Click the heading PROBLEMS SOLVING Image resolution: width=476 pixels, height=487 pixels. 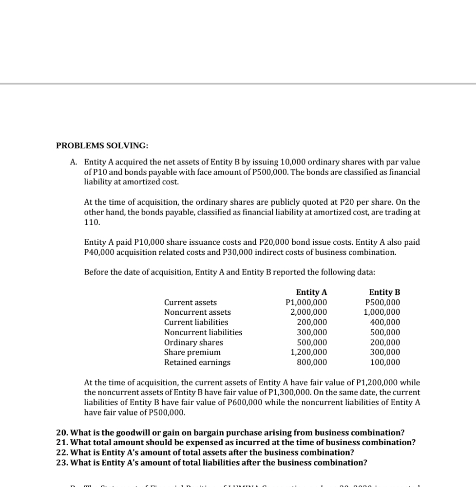pyautogui.click(x=102, y=145)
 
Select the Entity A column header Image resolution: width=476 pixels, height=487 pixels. pyautogui.click(x=311, y=292)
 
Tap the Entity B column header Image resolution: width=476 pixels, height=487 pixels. pyautogui.click(x=384, y=292)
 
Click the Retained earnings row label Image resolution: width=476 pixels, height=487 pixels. pyautogui.click(x=197, y=362)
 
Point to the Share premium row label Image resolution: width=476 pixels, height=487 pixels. pyautogui.click(x=192, y=352)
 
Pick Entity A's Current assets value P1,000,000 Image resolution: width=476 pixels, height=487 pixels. pyautogui.click(x=306, y=303)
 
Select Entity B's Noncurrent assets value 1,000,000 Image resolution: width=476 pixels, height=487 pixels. pyautogui.click(x=382, y=312)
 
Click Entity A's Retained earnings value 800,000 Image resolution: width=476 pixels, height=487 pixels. pyautogui.click(x=312, y=362)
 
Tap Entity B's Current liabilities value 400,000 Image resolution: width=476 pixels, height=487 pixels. pyautogui.click(x=385, y=323)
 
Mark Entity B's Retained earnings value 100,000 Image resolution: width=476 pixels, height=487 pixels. pyautogui.click(x=385, y=362)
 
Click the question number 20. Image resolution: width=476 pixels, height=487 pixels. pyautogui.click(x=62, y=433)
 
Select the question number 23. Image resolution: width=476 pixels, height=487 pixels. pyautogui.click(x=62, y=462)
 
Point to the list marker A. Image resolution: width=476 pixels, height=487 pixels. pyautogui.click(x=74, y=162)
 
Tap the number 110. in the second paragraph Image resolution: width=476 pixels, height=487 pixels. pyautogui.click(x=92, y=222)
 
